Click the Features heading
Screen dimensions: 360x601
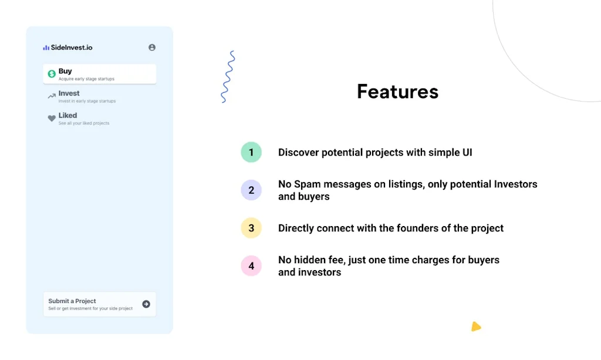tap(397, 92)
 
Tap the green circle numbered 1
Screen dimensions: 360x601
tap(251, 153)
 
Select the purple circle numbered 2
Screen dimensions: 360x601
tap(251, 190)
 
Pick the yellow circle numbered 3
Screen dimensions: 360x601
tap(251, 228)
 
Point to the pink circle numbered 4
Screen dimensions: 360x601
tap(251, 265)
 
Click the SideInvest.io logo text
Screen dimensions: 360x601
tap(71, 48)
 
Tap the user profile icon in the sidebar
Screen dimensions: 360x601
tap(152, 48)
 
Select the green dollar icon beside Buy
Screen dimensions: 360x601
tap(52, 74)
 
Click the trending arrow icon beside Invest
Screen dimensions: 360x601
tap(52, 96)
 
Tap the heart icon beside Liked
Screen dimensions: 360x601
tap(52, 118)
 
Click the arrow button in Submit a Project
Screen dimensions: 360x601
tap(146, 304)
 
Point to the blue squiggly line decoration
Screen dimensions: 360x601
tap(228, 77)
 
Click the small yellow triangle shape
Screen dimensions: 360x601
tap(475, 327)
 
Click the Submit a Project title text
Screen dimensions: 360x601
tap(72, 301)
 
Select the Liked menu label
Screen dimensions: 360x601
tap(67, 116)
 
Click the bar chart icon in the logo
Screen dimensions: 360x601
tap(46, 48)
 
